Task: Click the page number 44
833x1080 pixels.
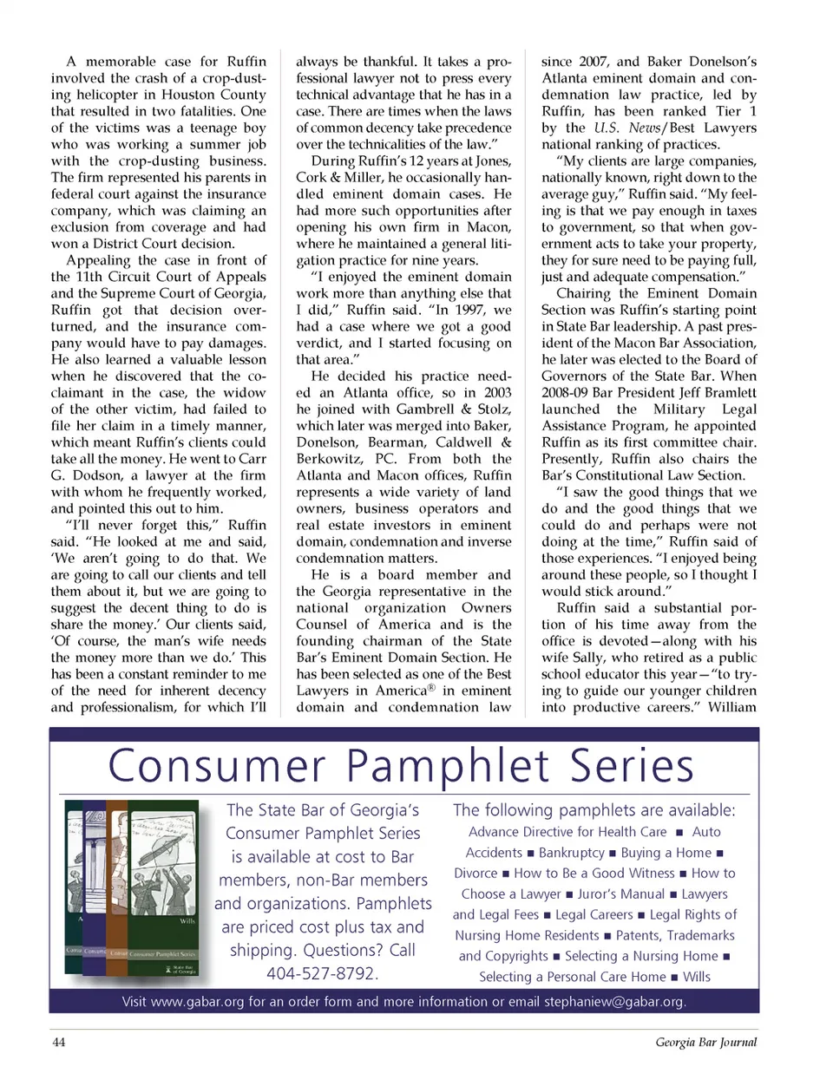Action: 59,1042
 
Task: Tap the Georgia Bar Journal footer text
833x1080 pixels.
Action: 705,1042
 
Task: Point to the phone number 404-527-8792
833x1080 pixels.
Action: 322,973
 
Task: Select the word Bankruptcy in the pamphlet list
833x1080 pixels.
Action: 571,853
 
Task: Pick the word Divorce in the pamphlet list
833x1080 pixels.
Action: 476,874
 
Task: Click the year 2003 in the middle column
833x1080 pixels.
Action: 497,392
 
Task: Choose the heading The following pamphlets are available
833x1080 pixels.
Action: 594,810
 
